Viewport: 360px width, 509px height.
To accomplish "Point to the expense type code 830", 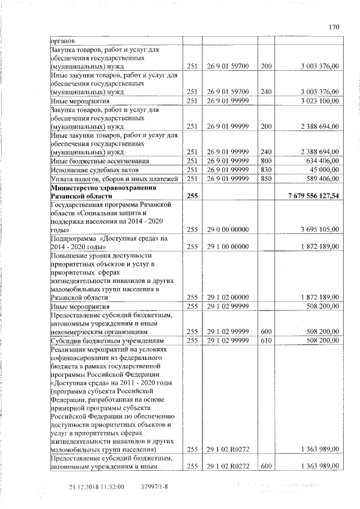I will point(266,169).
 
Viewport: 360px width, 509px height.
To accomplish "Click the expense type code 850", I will point(266,178).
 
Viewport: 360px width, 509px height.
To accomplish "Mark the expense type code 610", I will point(266,341).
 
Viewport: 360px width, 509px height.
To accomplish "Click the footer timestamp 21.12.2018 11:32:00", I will point(96,487).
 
